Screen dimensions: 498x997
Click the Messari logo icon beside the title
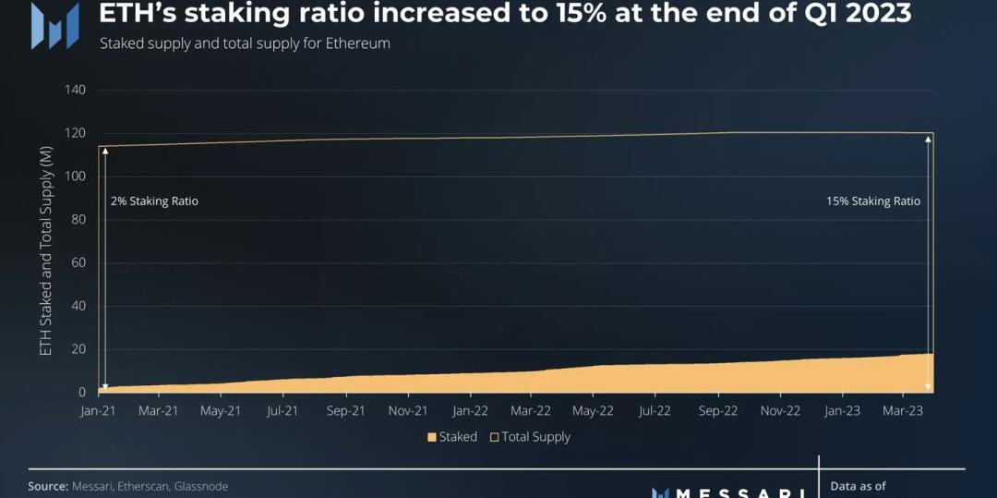54,26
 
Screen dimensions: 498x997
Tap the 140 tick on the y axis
75,91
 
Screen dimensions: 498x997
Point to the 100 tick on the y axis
75,176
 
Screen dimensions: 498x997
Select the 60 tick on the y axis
78,263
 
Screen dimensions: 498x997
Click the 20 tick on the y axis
78,349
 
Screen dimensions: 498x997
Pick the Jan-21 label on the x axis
97,411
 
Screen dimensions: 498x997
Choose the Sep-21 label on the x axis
345,411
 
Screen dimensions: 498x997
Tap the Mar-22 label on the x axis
531,411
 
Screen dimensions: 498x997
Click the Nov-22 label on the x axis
779,411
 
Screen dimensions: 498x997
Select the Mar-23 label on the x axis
904,411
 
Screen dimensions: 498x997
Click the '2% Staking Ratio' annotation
154,201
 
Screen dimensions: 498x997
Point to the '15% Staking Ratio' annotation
873,201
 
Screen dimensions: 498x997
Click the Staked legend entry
452,437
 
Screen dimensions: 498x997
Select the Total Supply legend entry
530,437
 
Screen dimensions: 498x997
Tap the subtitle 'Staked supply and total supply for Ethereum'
245,44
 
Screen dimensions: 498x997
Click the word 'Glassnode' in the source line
200,486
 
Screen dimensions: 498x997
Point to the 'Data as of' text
858,486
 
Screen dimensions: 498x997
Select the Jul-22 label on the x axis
655,411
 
